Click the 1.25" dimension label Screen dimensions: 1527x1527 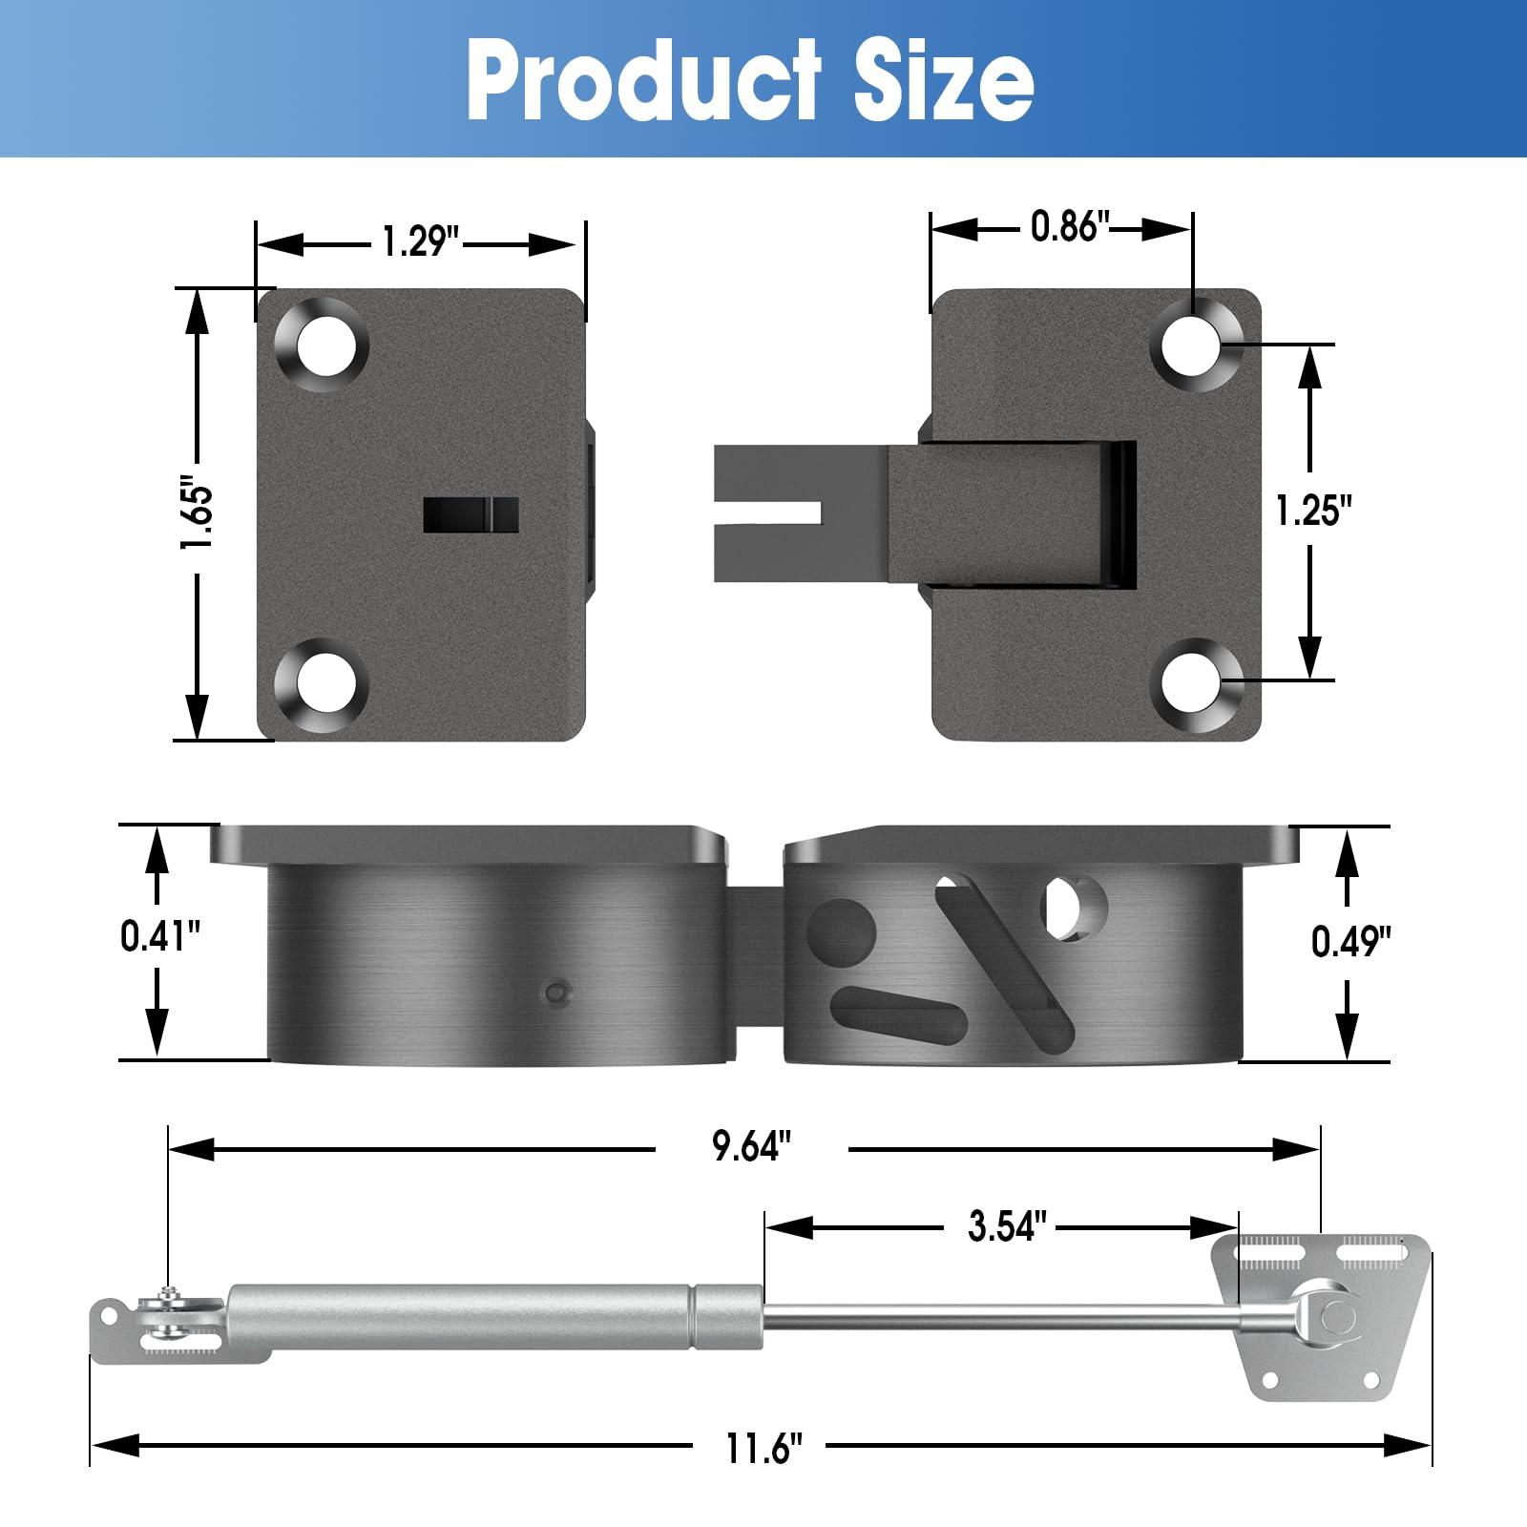pos(1313,511)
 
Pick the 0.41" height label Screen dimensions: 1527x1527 pos(159,936)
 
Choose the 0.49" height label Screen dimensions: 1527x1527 pos(1349,942)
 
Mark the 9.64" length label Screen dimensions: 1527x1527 pos(751,1146)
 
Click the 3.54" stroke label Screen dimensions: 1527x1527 pos(1007,1226)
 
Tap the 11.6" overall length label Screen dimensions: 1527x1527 pos(763,1449)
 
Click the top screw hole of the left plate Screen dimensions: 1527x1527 pos(324,345)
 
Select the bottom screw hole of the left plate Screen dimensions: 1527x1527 pos(324,683)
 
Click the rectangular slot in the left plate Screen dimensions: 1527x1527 pos(471,514)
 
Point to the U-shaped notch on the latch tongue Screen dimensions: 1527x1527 pos(768,513)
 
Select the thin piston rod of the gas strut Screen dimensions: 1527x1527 pos(1002,1319)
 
